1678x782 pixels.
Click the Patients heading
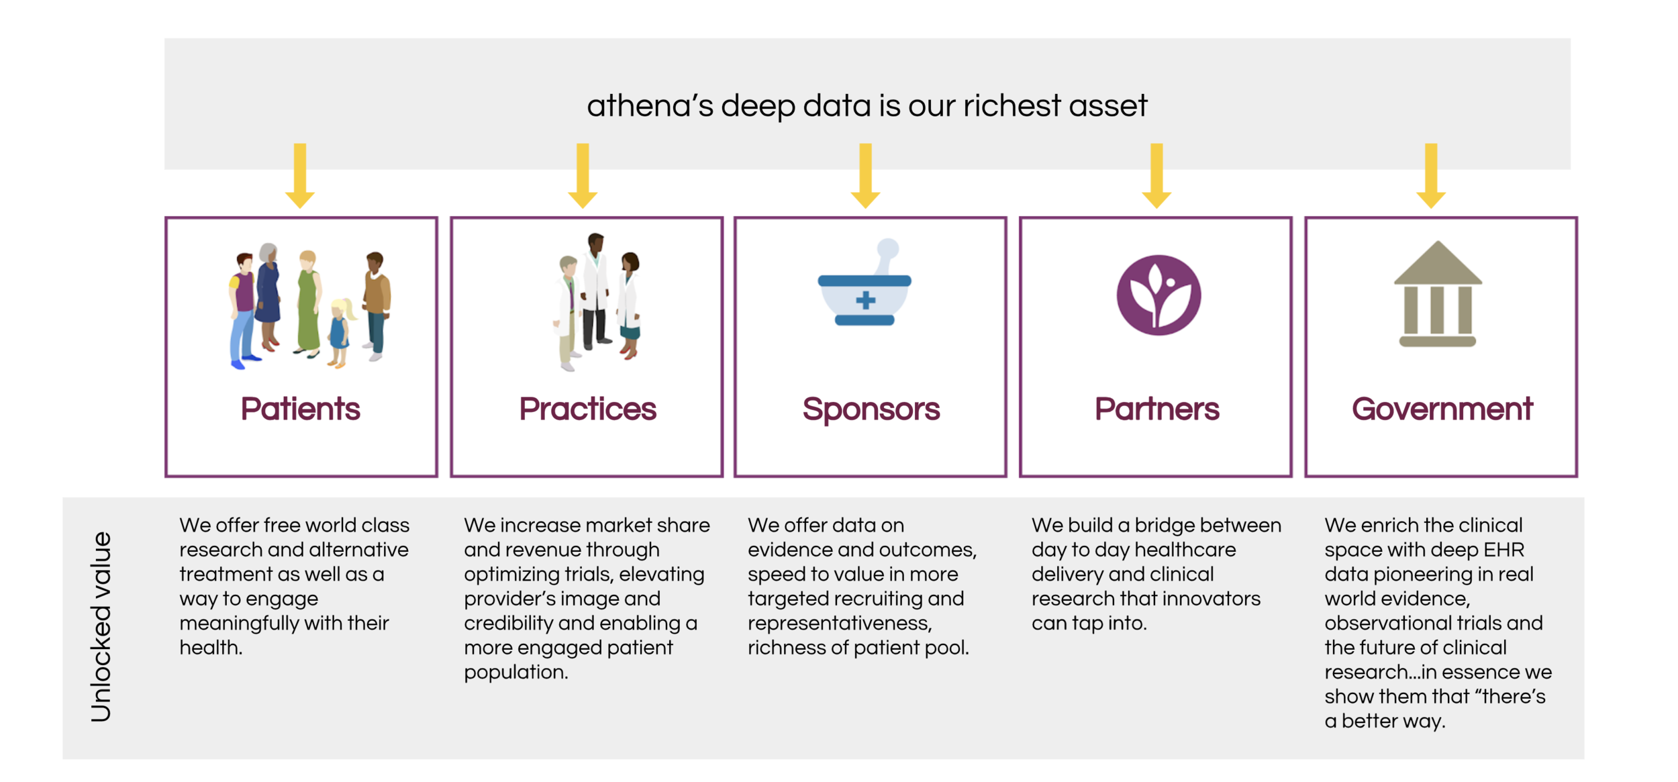300,409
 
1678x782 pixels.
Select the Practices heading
587,409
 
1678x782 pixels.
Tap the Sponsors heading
871,409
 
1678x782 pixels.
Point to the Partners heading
1156,409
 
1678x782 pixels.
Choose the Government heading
1442,409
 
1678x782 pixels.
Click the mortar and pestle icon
865,285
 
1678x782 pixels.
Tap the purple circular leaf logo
1158,295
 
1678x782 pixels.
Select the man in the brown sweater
377,302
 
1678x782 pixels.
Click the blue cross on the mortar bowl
866,300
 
